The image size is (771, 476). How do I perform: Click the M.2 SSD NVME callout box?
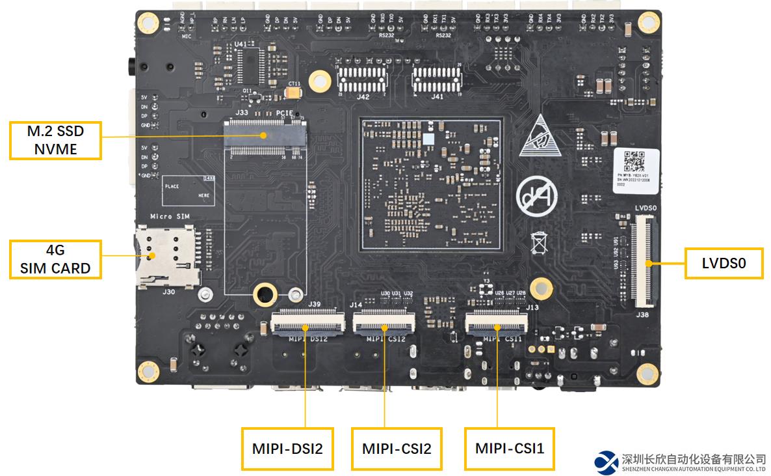[55, 140]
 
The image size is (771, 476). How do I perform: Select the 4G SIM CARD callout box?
[55, 259]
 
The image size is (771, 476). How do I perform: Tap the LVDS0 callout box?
[724, 263]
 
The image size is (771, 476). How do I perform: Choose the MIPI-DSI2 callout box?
[287, 449]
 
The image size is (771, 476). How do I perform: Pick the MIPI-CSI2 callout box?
[397, 449]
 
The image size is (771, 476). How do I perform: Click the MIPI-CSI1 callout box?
[510, 449]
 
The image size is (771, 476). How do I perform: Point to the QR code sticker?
[635, 160]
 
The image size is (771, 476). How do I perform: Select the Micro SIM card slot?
[166, 256]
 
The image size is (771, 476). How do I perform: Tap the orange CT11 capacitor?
[294, 93]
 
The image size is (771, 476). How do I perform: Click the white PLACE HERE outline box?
[188, 191]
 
